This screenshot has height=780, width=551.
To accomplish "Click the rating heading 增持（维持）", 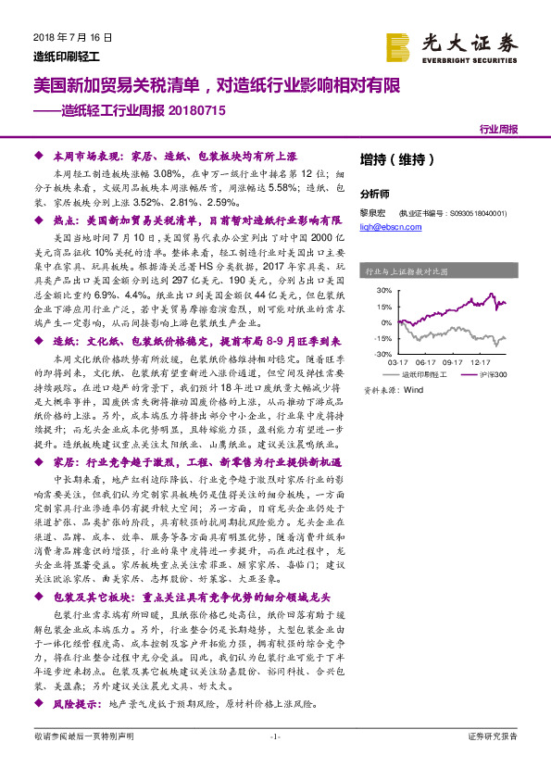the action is tap(392, 159).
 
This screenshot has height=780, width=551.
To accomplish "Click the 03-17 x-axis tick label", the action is tap(399, 363).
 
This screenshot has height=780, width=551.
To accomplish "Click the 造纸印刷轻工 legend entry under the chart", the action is tap(425, 374).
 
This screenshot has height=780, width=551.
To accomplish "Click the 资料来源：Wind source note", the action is tap(393, 391).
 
